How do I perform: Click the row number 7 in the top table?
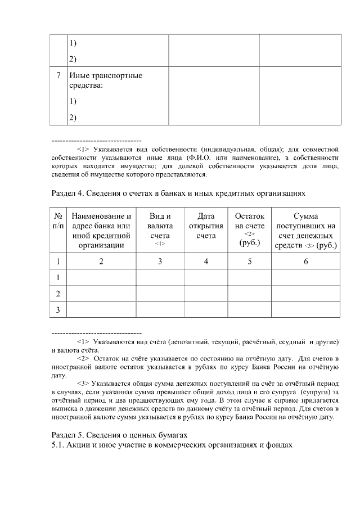point(58,76)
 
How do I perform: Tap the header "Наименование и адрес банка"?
point(101,230)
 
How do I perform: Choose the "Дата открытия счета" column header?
point(206,226)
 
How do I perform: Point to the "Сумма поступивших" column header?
point(306,230)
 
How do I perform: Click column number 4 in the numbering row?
point(206,261)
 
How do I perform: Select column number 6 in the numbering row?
point(306,261)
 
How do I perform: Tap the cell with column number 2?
point(101,261)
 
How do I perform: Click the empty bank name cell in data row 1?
point(101,277)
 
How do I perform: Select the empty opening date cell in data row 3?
point(206,309)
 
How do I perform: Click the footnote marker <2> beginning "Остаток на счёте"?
point(83,358)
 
